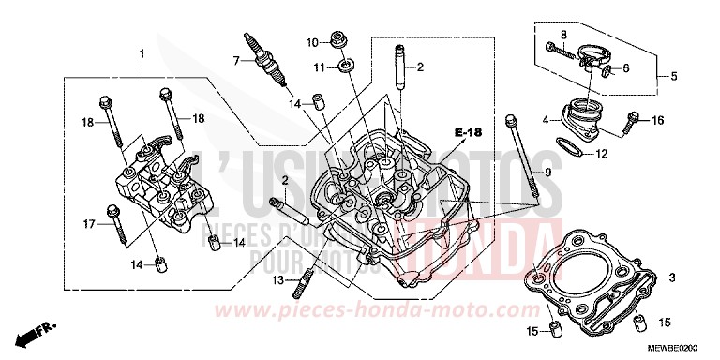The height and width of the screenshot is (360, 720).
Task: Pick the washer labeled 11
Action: coord(346,66)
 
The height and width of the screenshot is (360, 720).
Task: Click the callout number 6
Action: coord(626,67)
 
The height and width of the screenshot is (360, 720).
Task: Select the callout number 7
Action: coord(238,61)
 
